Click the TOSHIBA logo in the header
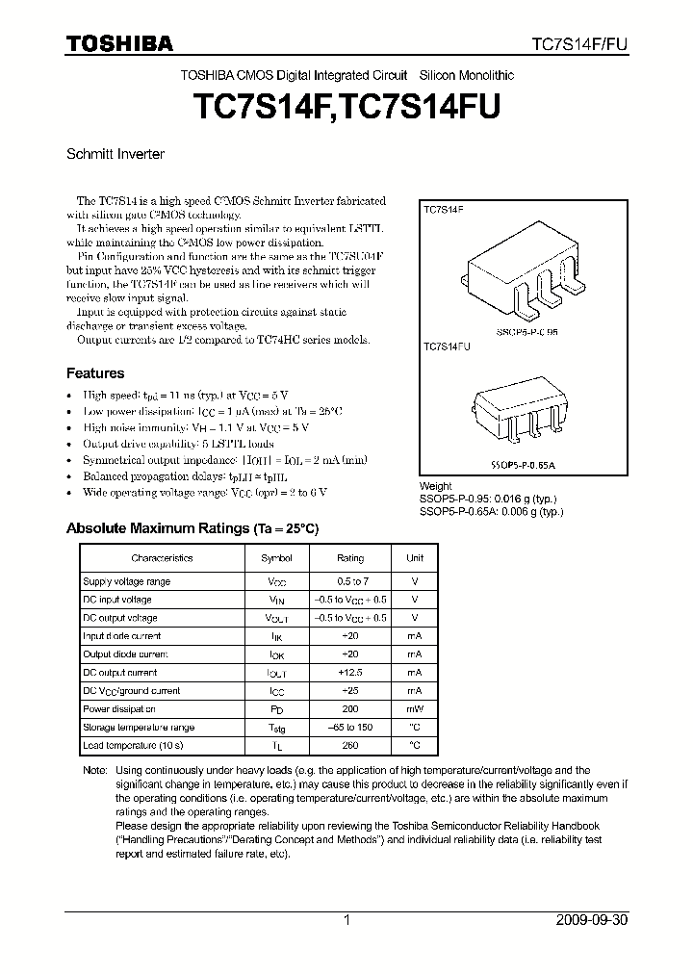[119, 43]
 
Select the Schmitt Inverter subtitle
[115, 154]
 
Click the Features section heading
[94, 373]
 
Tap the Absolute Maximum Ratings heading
[192, 529]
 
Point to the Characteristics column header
[162, 558]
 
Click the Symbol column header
[276, 558]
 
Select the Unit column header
[414, 558]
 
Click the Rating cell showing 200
[350, 709]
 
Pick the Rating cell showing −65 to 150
[350, 728]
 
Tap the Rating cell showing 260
[350, 746]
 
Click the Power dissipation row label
[119, 709]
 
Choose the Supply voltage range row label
[126, 582]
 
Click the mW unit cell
[414, 709]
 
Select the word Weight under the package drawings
[436, 487]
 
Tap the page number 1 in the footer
[347, 920]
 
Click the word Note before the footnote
[94, 771]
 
